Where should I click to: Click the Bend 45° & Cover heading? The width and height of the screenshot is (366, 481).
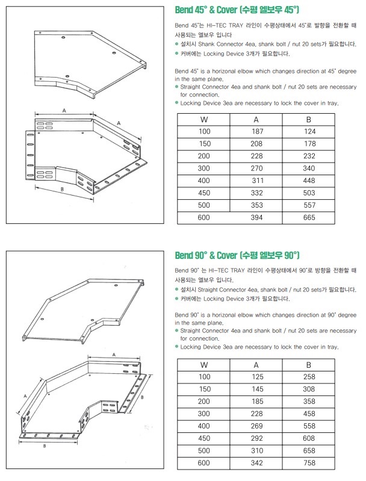pyautogui.click(x=237, y=10)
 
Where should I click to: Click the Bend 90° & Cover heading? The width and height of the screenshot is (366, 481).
pyautogui.click(x=237, y=255)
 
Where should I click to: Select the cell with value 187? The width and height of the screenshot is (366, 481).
pyautogui.click(x=258, y=131)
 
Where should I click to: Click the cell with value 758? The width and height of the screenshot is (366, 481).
pyautogui.click(x=309, y=462)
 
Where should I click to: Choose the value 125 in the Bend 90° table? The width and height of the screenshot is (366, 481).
pyautogui.click(x=258, y=376)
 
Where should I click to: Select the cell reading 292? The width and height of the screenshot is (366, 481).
pyautogui.click(x=258, y=438)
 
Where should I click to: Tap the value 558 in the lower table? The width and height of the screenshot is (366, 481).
pyautogui.click(x=309, y=426)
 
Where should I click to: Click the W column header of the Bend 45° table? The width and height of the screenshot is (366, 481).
pyautogui.click(x=204, y=119)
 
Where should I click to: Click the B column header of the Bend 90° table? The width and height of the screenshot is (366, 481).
pyautogui.click(x=309, y=364)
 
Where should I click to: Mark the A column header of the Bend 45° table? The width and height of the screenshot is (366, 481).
pyautogui.click(x=258, y=119)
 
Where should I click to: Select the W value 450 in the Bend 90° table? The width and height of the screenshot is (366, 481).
pyautogui.click(x=205, y=438)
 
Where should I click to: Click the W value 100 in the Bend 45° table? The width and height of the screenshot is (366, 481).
pyautogui.click(x=205, y=131)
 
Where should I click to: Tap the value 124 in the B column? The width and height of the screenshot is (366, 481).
pyautogui.click(x=309, y=131)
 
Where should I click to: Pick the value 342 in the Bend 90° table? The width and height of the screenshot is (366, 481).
pyautogui.click(x=258, y=462)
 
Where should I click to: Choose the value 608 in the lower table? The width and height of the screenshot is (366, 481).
pyautogui.click(x=309, y=438)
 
